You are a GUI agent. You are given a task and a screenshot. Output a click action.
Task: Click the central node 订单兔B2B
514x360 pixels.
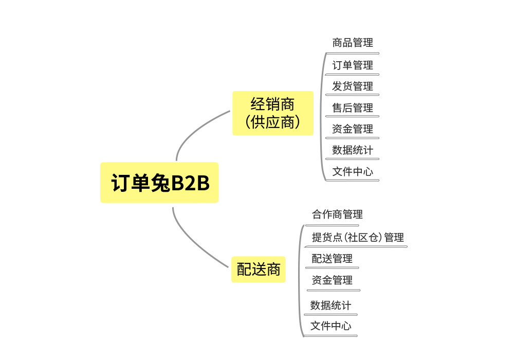[x=159, y=183]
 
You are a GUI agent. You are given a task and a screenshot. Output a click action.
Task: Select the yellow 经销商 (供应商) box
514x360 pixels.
[x=273, y=113]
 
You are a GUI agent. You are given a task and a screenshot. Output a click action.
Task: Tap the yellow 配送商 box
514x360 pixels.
[x=258, y=269]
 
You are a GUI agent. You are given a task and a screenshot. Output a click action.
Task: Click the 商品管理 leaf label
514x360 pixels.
[x=353, y=43]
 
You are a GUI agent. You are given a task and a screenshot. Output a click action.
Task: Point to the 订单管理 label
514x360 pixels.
[x=353, y=65]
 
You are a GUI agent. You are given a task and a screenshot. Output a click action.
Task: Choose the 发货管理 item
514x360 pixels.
[x=353, y=86]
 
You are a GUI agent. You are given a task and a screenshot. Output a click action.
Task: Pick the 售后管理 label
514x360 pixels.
[x=353, y=107]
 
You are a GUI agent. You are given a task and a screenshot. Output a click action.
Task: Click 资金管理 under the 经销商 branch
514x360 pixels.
[x=353, y=129]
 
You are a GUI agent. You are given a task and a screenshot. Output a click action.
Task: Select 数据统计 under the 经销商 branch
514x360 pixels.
[x=353, y=150]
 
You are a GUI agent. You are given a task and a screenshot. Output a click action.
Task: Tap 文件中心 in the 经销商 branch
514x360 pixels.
[x=353, y=171]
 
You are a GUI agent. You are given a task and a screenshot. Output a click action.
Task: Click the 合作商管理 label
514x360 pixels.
[x=337, y=214]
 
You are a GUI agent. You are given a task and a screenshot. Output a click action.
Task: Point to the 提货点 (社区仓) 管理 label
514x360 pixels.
[x=358, y=237]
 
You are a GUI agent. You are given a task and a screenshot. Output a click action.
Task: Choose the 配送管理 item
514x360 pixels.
[x=332, y=258]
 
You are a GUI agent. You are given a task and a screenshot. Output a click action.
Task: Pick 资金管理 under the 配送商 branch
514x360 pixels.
[x=332, y=280]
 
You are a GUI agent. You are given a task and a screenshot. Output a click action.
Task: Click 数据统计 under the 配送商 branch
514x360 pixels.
[x=331, y=305]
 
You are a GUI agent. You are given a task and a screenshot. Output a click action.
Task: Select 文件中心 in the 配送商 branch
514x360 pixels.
[x=331, y=326]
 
